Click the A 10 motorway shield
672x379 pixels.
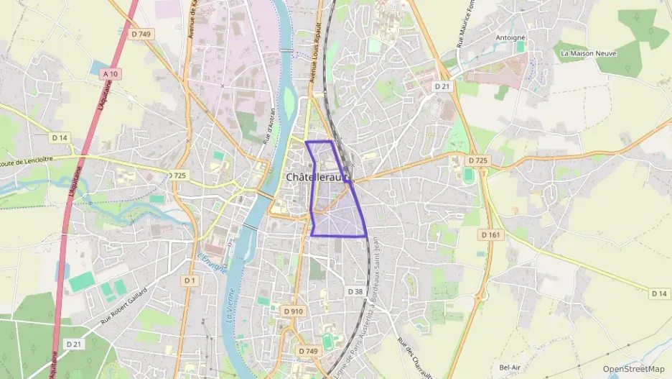pyautogui.click(x=110, y=73)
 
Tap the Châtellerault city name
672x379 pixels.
pyautogui.click(x=316, y=176)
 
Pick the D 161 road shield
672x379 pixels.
pyautogui.click(x=490, y=234)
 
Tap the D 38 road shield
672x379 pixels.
pyautogui.click(x=355, y=291)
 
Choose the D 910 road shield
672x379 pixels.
pyautogui.click(x=293, y=311)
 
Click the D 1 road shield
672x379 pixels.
pyautogui.click(x=190, y=280)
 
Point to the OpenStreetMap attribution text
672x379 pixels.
pyautogui.click(x=633, y=368)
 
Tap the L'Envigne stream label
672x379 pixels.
pyautogui.click(x=212, y=265)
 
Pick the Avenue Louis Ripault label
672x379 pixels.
pyautogui.click(x=313, y=61)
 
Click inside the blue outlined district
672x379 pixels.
pyautogui.click(x=337, y=216)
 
